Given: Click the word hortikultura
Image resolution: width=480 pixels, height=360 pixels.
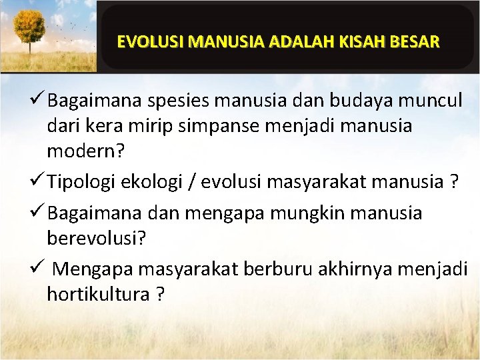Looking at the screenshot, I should point(98,293).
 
